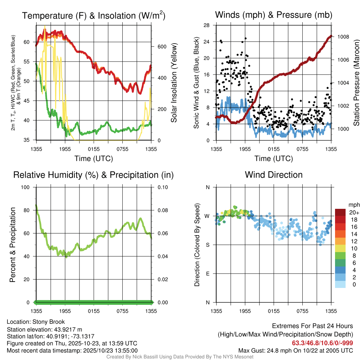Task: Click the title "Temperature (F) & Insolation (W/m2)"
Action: coord(94,15)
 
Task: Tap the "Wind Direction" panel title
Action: coord(274,175)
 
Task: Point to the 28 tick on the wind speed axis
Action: coord(207,25)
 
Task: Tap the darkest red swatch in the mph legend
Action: coord(340,212)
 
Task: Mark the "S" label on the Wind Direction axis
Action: coord(207,245)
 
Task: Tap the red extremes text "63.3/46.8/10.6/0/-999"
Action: coord(322,343)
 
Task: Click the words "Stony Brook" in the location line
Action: coord(49,322)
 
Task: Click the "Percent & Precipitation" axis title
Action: coord(13,245)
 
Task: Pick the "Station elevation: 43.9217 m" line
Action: coord(44,329)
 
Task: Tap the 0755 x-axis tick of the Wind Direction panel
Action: coord(302,311)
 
